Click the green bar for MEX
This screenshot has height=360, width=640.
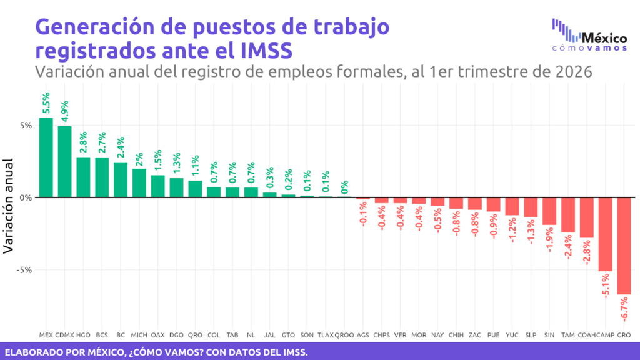pos(46,157)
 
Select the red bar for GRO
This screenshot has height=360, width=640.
pos(624,246)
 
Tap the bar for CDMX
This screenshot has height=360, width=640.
pos(65,161)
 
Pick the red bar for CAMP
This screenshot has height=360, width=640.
pos(605,234)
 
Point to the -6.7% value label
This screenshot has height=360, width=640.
pos(624,309)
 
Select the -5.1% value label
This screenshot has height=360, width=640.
pos(606,286)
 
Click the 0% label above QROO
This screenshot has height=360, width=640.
pos(344,187)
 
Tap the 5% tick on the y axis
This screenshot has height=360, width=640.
pos(24,125)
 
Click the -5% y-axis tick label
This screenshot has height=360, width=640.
pos(23,270)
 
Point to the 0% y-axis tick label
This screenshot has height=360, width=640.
pos(24,197)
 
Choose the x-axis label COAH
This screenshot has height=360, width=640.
pos(587,335)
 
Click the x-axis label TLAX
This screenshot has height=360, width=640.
pos(326,335)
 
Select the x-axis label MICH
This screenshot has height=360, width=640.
pos(139,335)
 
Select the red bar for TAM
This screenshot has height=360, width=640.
pos(568,215)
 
